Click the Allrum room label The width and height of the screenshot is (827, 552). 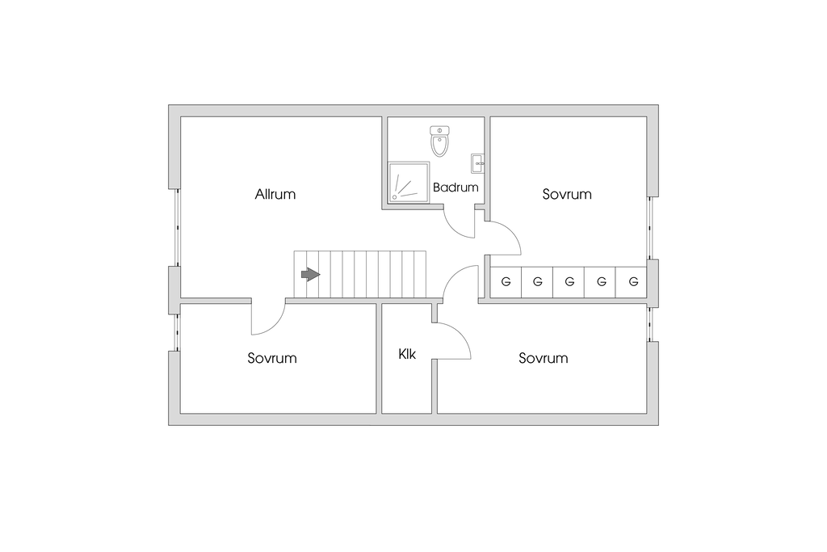[x=275, y=194]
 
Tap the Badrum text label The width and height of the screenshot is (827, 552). [x=455, y=187]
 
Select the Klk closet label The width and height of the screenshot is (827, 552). [x=406, y=354]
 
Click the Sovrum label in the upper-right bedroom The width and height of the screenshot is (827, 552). [x=567, y=194]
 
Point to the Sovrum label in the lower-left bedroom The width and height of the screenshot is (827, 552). [x=272, y=358]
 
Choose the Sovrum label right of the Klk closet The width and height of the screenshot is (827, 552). [x=543, y=358]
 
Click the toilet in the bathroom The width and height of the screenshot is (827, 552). [x=439, y=141]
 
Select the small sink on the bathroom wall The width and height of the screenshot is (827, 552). [x=477, y=160]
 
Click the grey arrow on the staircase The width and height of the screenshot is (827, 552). [x=310, y=275]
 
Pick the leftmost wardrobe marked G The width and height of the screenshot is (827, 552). [x=506, y=282]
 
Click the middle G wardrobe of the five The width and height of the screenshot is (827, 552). [x=569, y=282]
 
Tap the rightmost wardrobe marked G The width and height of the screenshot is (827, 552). [x=633, y=282]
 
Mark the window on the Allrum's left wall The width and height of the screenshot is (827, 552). [x=175, y=228]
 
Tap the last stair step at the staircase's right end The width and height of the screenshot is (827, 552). [x=419, y=275]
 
